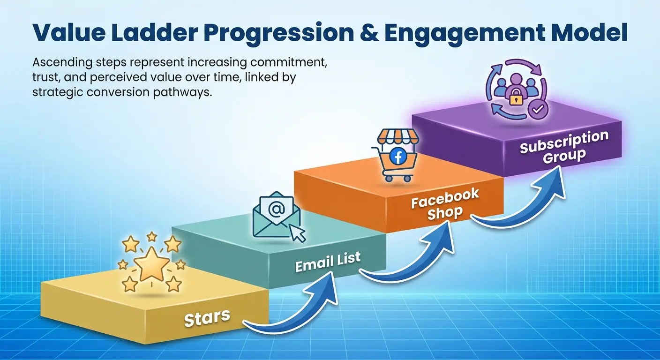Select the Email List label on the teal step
328,261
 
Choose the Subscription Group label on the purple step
564,147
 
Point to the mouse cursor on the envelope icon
297,232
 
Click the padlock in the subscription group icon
514,99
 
